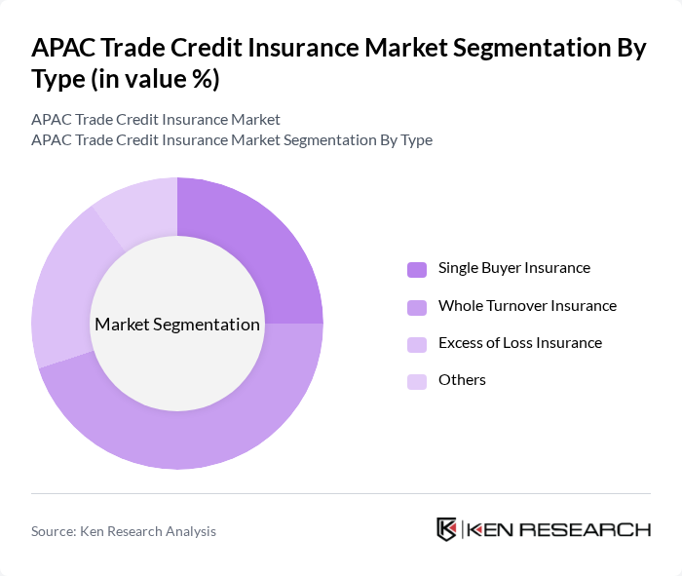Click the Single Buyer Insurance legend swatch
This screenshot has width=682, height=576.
pyautogui.click(x=417, y=269)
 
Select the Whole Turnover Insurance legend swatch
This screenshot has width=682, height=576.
pyautogui.click(x=417, y=307)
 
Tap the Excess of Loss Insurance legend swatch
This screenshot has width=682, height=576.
pyautogui.click(x=417, y=344)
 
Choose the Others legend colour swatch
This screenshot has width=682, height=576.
pyautogui.click(x=417, y=381)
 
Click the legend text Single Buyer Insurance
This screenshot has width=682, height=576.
pyautogui.click(x=513, y=268)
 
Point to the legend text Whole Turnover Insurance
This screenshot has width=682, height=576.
pyautogui.click(x=527, y=306)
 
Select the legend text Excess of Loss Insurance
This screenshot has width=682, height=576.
pyautogui.click(x=519, y=343)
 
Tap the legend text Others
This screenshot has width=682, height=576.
pyautogui.click(x=462, y=380)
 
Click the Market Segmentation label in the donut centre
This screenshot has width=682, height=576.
pyautogui.click(x=177, y=325)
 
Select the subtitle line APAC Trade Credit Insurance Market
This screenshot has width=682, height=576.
pyautogui.click(x=156, y=120)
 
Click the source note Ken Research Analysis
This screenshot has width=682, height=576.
pyautogui.click(x=124, y=531)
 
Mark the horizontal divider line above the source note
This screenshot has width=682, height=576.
pyautogui.click(x=341, y=493)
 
